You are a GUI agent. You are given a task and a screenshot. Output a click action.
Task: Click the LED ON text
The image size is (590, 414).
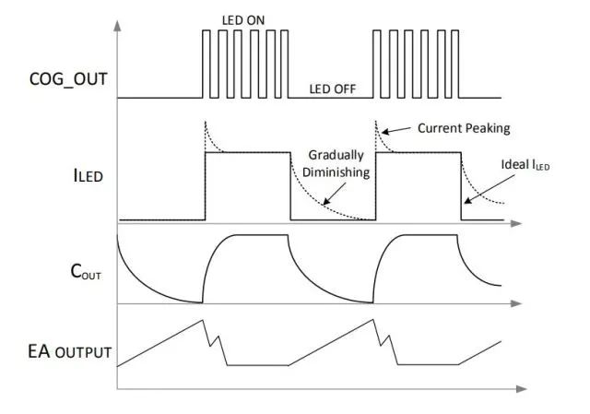pos(243,18)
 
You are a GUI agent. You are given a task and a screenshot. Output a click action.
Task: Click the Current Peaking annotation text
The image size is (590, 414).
pos(463,128)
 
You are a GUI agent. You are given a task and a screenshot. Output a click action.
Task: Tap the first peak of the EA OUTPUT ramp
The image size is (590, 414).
pos(203,320)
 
